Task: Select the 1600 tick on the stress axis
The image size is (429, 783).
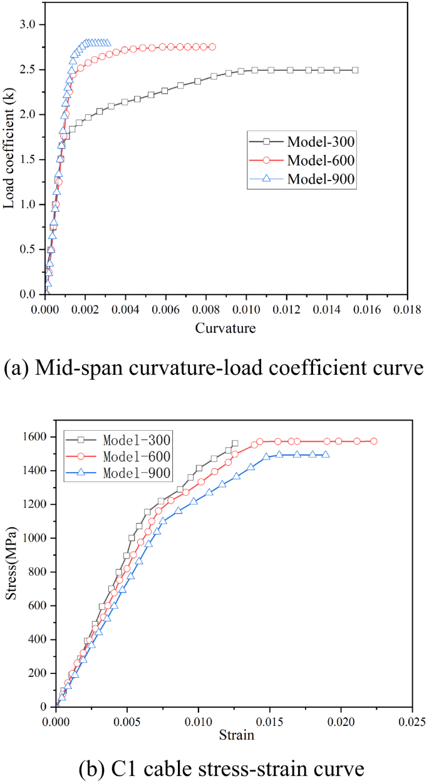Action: [36, 436]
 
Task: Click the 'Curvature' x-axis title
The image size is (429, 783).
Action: [225, 328]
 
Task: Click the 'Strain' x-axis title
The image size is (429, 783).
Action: [236, 735]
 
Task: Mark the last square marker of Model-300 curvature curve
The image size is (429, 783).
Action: [355, 70]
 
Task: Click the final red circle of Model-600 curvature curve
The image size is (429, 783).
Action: [212, 47]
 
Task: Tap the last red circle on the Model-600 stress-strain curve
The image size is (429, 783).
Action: [374, 441]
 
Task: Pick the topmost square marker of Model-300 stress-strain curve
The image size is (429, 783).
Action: [235, 443]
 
